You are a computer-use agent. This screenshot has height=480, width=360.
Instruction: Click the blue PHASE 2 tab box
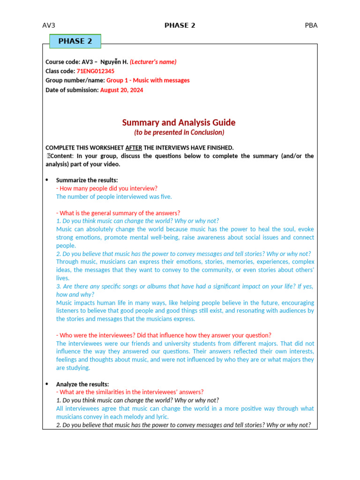tap(75, 41)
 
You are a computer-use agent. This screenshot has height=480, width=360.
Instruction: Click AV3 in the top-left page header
tap(49, 25)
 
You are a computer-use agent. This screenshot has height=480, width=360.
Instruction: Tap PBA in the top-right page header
tap(311, 25)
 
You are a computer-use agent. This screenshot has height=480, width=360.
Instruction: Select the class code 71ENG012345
tap(95, 71)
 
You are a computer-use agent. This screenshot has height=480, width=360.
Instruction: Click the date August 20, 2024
tap(121, 90)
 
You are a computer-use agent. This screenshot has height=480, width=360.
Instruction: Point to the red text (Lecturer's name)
tap(153, 62)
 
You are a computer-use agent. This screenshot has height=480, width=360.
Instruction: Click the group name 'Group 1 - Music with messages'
tap(148, 81)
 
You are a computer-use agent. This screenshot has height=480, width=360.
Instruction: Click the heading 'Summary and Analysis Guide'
tap(179, 123)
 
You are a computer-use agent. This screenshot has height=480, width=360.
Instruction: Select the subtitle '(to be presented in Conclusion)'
tap(179, 133)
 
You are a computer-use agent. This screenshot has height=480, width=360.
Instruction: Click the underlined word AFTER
tap(134, 148)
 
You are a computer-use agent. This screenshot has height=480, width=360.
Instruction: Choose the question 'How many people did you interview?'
tap(107, 188)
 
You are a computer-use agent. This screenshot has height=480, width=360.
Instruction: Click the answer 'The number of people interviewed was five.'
tap(114, 197)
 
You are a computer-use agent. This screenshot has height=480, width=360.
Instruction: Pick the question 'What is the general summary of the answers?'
tap(118, 213)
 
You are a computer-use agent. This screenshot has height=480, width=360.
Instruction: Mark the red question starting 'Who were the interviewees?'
tap(164, 335)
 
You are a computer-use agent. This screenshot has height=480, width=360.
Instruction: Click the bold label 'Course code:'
tap(62, 62)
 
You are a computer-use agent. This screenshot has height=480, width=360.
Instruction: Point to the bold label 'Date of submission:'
tap(72, 90)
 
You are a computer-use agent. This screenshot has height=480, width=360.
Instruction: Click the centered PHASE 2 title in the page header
tap(180, 25)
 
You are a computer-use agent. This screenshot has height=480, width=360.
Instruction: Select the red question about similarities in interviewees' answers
tap(130, 392)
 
